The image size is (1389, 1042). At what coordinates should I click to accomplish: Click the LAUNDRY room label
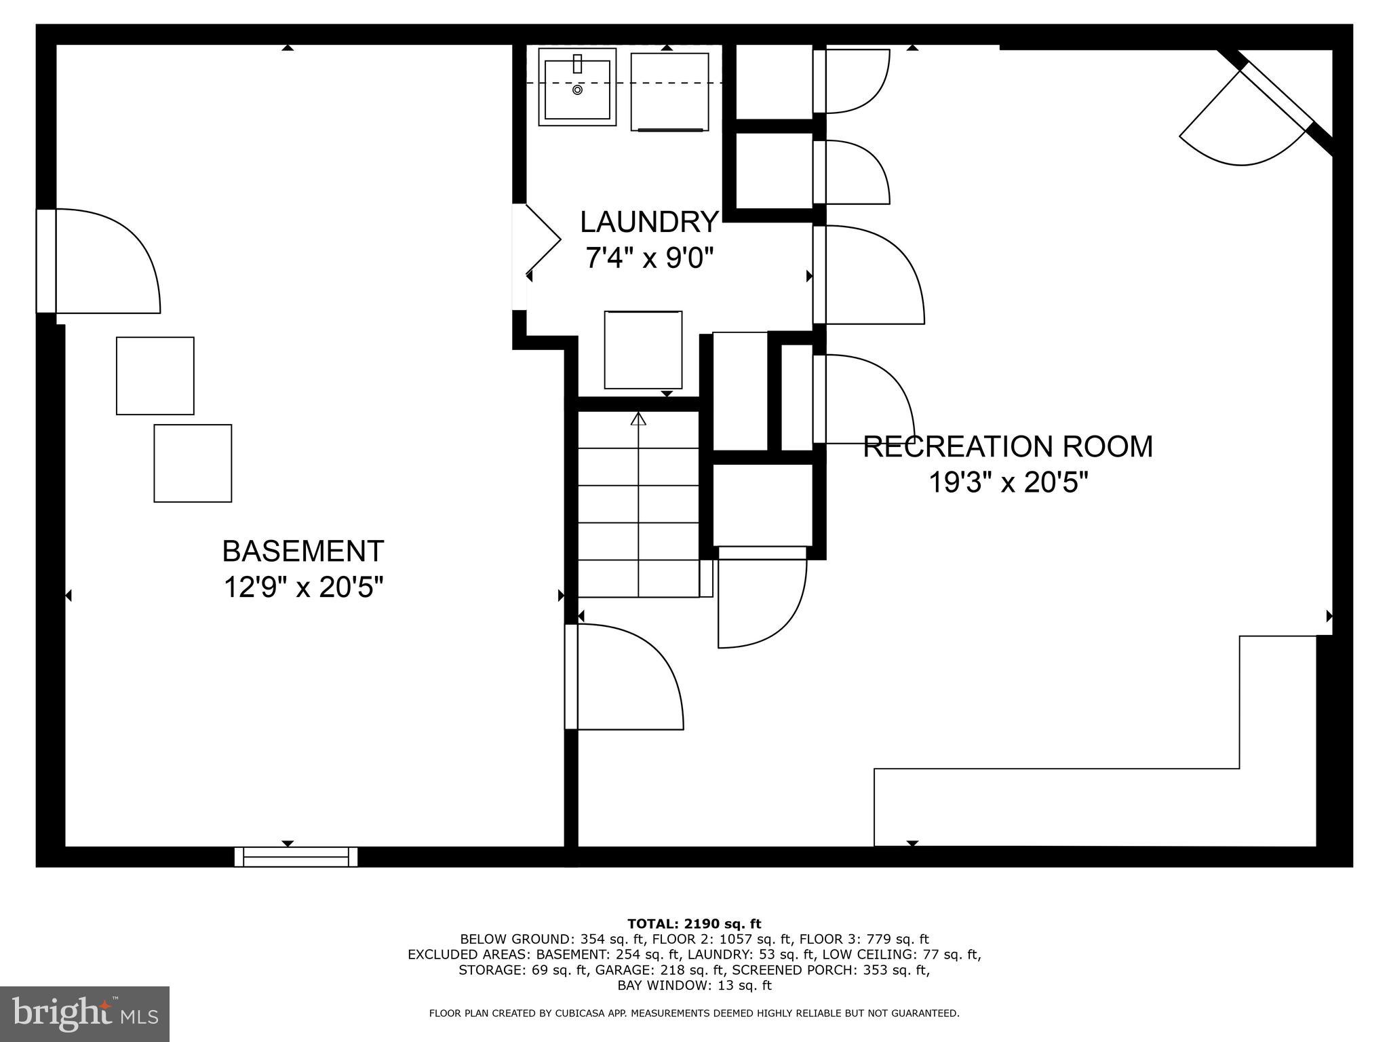click(649, 222)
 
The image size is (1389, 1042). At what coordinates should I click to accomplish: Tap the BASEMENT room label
click(303, 551)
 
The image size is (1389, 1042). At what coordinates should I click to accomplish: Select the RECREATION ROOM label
click(1008, 447)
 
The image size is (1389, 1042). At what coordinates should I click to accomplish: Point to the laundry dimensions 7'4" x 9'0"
click(649, 258)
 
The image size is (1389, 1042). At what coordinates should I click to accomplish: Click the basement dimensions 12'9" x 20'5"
click(303, 587)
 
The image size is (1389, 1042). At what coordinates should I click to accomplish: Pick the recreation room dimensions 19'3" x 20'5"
click(1008, 483)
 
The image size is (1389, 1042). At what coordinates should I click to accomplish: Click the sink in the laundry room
click(577, 87)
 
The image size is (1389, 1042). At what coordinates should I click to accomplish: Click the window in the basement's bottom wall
click(296, 857)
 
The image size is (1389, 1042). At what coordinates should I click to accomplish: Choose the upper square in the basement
click(155, 376)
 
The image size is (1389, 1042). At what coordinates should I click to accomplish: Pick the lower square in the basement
click(193, 463)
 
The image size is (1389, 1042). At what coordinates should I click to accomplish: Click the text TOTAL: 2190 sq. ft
click(694, 924)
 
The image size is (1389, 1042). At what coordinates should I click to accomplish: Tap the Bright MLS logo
click(85, 1014)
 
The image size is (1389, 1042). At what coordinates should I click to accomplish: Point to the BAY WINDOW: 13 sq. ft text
click(694, 985)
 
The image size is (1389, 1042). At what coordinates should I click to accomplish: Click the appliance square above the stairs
click(643, 350)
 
